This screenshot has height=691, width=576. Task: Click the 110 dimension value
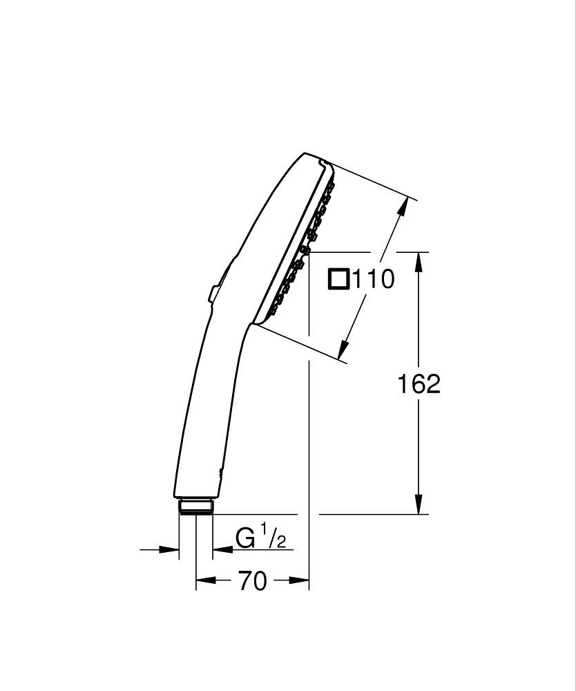[374, 279]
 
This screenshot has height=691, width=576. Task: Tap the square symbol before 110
[339, 279]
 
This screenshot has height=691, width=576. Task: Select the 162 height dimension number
[419, 384]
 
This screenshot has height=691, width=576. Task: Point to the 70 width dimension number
[252, 582]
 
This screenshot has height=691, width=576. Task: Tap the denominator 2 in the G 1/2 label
[280, 542]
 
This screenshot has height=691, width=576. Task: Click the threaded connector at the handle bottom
[196, 507]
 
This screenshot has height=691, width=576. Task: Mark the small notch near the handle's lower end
[221, 472]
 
